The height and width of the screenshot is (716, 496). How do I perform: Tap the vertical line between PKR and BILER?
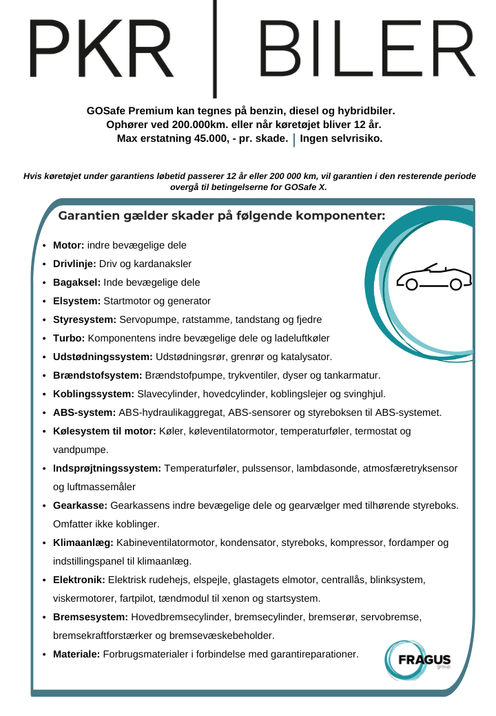[216, 48]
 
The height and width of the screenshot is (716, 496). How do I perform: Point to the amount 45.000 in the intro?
[206, 138]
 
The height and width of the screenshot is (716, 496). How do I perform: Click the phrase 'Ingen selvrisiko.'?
[341, 138]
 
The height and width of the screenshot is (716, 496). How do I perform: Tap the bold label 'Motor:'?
[69, 245]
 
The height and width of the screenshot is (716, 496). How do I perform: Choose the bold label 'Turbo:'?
[69, 338]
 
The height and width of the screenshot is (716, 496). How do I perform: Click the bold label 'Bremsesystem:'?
[90, 617]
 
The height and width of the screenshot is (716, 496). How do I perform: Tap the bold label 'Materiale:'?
[76, 654]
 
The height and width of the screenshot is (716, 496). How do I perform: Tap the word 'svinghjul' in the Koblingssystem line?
[364, 394]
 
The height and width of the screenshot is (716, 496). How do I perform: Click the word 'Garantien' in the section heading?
[87, 216]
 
